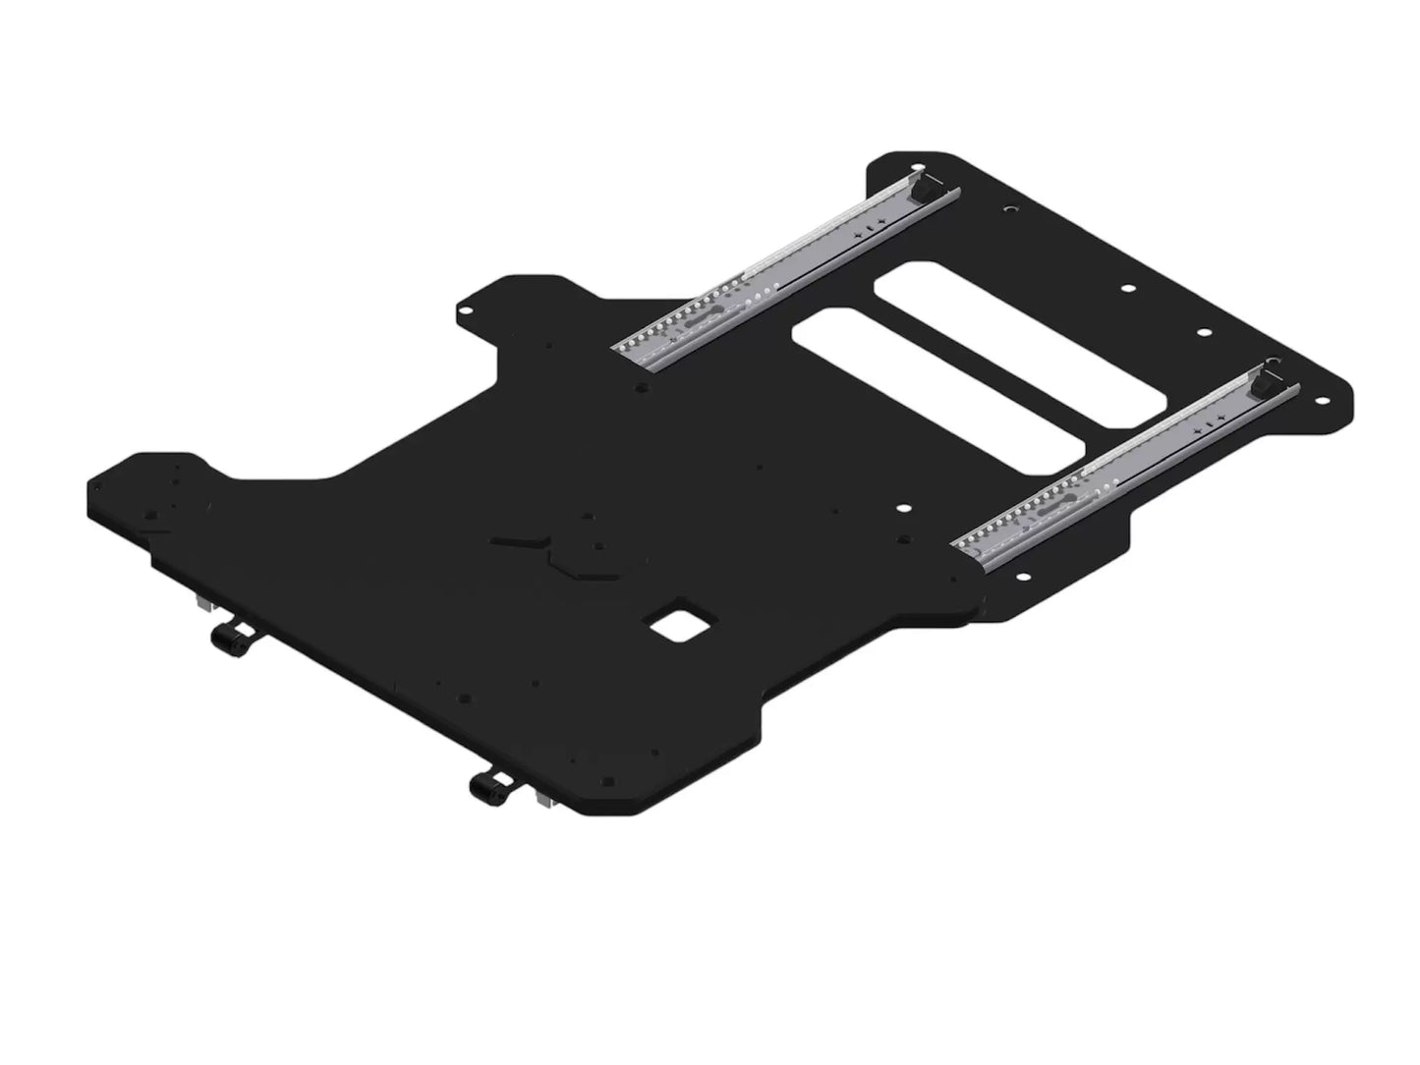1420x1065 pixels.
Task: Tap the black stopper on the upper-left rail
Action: pos(927,191)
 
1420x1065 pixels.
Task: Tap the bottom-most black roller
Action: pos(486,786)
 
